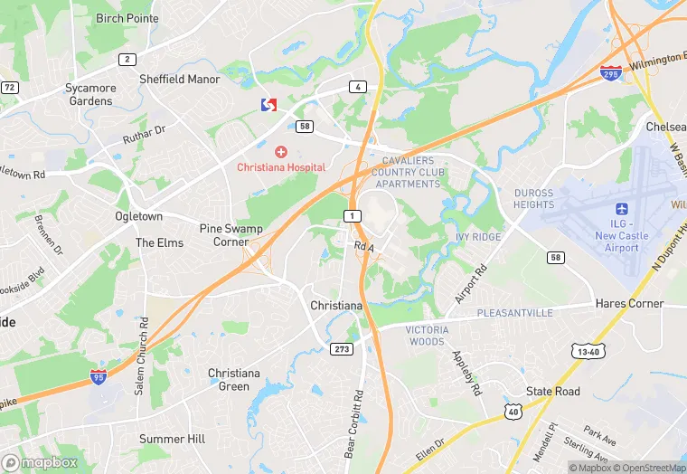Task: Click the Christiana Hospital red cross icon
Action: click(x=281, y=150)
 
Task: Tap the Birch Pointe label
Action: click(x=127, y=18)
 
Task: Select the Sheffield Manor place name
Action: click(x=180, y=79)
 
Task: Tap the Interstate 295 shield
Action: click(x=611, y=73)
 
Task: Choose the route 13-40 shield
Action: click(x=585, y=349)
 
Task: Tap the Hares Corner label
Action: click(x=630, y=304)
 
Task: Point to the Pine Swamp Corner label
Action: click(x=223, y=235)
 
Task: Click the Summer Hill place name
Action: click(x=172, y=439)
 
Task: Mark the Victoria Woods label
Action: click(x=426, y=336)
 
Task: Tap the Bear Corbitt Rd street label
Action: click(x=354, y=424)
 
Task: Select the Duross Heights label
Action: click(x=533, y=198)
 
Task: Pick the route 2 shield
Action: click(x=127, y=60)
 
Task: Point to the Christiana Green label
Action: click(x=234, y=380)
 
